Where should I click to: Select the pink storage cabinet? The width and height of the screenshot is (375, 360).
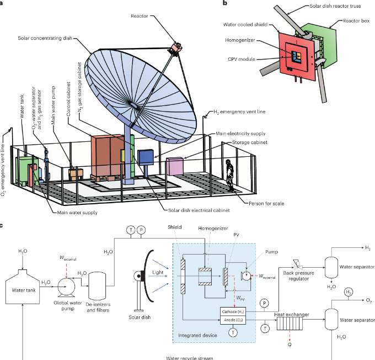(x=175, y=166)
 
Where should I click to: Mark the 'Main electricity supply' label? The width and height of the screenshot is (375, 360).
(x=241, y=133)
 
